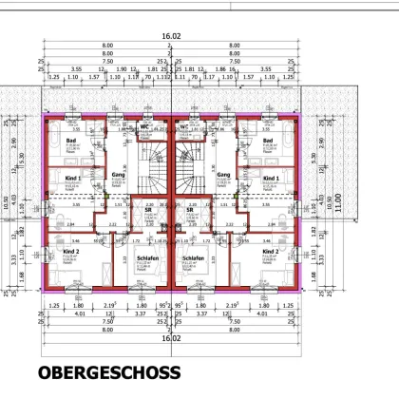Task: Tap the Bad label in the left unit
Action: pyautogui.click(x=71, y=141)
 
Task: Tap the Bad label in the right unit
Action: pyautogui.click(x=269, y=141)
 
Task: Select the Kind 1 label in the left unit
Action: pyautogui.click(x=72, y=178)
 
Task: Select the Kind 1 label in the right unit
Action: pyautogui.click(x=271, y=178)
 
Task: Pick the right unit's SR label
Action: pyautogui.click(x=190, y=210)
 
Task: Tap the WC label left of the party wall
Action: pyautogui.click(x=146, y=126)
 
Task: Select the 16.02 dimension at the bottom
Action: pyautogui.click(x=170, y=337)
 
